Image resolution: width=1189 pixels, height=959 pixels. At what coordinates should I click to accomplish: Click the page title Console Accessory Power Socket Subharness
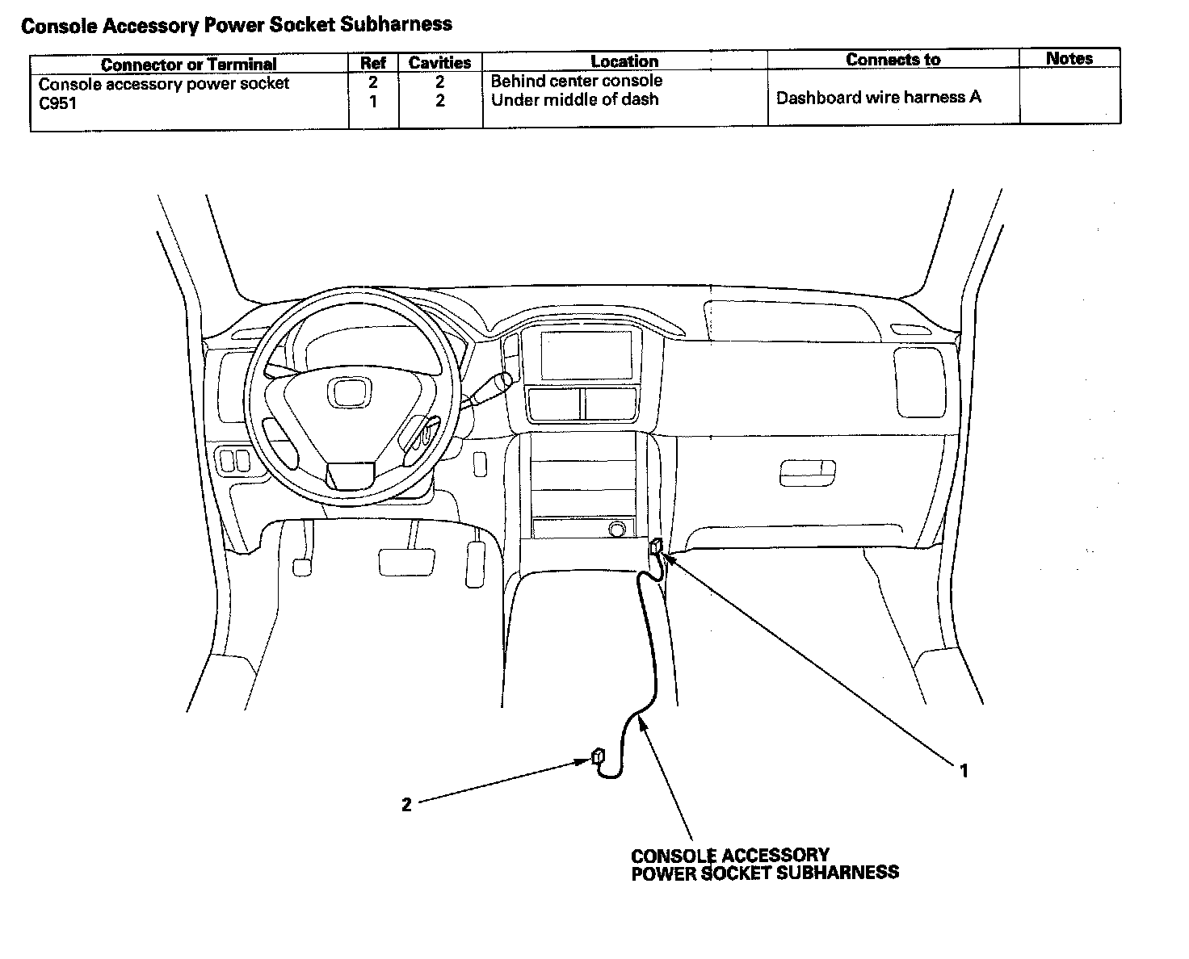[236, 25]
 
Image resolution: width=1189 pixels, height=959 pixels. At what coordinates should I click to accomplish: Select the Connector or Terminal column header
[189, 64]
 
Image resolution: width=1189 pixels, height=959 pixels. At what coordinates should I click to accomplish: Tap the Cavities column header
[440, 62]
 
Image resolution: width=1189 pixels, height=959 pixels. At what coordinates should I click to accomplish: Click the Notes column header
[1069, 58]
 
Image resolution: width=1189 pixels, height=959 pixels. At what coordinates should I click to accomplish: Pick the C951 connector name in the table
[57, 104]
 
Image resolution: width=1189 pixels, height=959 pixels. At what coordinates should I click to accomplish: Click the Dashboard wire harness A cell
[878, 98]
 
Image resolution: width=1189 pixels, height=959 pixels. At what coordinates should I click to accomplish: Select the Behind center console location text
[576, 81]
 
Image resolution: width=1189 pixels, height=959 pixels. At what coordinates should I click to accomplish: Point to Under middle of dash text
[574, 100]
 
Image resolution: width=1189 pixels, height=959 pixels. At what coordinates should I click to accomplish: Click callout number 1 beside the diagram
[964, 770]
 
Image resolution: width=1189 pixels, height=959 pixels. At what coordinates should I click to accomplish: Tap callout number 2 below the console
[406, 804]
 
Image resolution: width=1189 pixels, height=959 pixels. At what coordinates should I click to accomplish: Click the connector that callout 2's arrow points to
[598, 756]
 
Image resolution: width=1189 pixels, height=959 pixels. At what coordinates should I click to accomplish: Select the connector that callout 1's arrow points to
[657, 546]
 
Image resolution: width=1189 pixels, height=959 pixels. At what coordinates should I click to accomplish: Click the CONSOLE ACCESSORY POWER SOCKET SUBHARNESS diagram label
[765, 865]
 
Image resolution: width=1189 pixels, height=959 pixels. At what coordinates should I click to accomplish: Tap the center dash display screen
[586, 355]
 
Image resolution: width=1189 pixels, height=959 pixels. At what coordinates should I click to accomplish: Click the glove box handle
[807, 473]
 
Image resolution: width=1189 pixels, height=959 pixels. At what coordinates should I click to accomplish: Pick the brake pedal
[406, 562]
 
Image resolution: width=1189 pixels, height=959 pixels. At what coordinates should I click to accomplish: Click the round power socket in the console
[617, 528]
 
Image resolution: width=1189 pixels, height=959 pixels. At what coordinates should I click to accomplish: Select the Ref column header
[373, 63]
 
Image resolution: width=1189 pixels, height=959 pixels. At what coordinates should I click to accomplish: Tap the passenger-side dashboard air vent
[919, 382]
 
